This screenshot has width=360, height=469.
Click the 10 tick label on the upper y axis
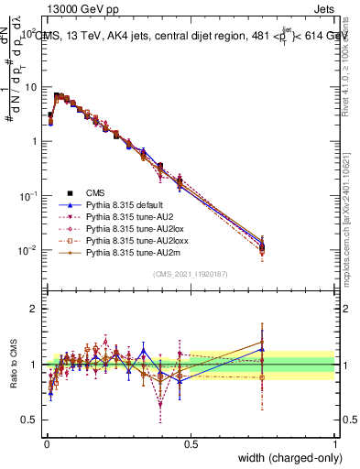click(30, 87)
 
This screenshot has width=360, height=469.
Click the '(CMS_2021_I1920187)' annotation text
click(190, 274)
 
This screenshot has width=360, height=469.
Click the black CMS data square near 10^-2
click(262, 245)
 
